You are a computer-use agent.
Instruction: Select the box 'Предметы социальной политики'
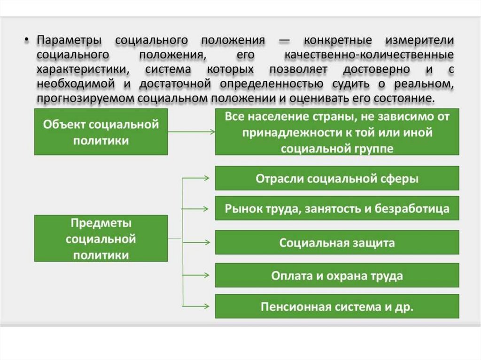[101, 238]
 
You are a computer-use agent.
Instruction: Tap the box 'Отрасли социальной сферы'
[337, 178]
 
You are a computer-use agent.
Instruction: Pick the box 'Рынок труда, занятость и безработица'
[337, 208]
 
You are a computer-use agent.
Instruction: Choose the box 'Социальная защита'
[337, 243]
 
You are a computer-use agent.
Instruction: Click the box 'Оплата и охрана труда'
[337, 275]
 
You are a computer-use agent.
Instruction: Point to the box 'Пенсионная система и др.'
[337, 307]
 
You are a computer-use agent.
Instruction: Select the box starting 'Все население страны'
[337, 132]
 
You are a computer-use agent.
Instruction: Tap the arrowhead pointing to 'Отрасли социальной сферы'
[207, 178]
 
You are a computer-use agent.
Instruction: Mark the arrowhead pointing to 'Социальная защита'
[207, 243]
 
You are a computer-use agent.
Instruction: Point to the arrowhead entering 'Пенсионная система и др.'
[207, 306]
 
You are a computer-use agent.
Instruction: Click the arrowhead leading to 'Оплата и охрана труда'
[207, 275]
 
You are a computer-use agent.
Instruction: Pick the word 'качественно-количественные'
[369, 55]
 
